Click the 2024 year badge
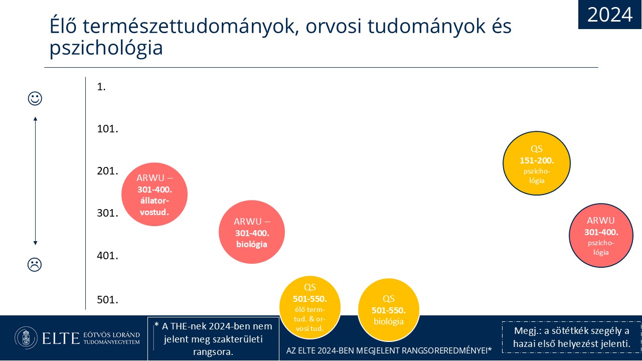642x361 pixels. tap(610, 15)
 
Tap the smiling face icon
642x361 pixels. tap(35, 99)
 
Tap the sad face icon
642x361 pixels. tap(35, 264)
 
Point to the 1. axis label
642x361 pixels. tap(101, 87)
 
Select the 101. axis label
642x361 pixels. tap(107, 129)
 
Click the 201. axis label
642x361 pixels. tap(107, 171)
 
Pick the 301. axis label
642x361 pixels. tap(107, 213)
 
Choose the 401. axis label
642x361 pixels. tap(107, 255)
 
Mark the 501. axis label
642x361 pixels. tap(107, 299)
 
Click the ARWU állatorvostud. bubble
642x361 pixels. tap(154, 194)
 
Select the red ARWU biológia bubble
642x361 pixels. tap(252, 232)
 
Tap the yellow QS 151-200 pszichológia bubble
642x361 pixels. tap(537, 163)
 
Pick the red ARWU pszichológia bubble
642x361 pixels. tap(601, 236)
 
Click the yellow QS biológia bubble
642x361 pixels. tap(389, 310)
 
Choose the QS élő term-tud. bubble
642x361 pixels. tap(310, 307)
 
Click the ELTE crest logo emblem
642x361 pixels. tap(26, 338)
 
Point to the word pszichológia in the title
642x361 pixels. tap(106, 47)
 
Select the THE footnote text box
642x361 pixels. tap(213, 338)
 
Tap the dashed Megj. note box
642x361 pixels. tap(571, 337)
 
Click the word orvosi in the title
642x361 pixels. tap(333, 27)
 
